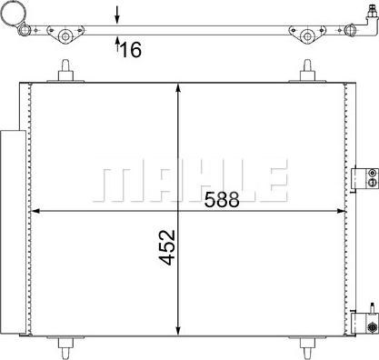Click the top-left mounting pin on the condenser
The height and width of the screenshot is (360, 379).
[65, 72]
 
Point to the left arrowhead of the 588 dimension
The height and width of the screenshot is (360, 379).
[36, 211]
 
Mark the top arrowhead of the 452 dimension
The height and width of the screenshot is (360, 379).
[177, 85]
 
